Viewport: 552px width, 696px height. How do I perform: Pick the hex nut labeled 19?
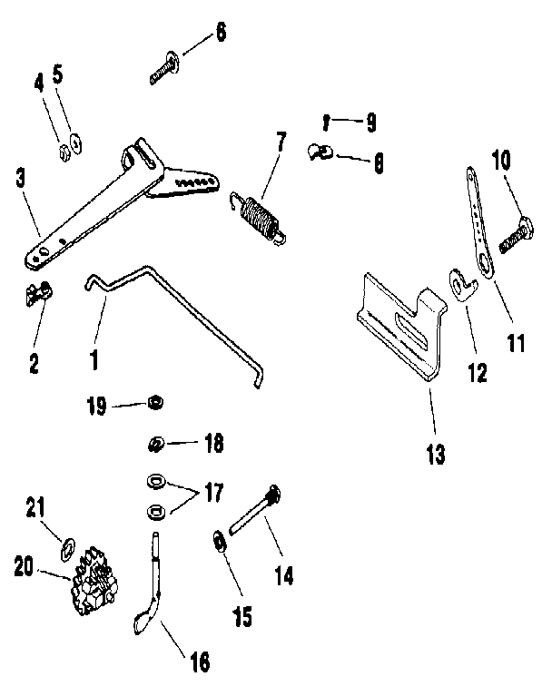[x=154, y=402]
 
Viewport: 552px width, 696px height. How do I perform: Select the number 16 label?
[x=199, y=661]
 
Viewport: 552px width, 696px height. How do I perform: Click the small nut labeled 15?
[x=219, y=542]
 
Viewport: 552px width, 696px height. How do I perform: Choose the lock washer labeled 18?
[x=155, y=444]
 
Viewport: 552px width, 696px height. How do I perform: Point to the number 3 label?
[x=21, y=178]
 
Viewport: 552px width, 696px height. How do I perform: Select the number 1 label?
[x=94, y=358]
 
